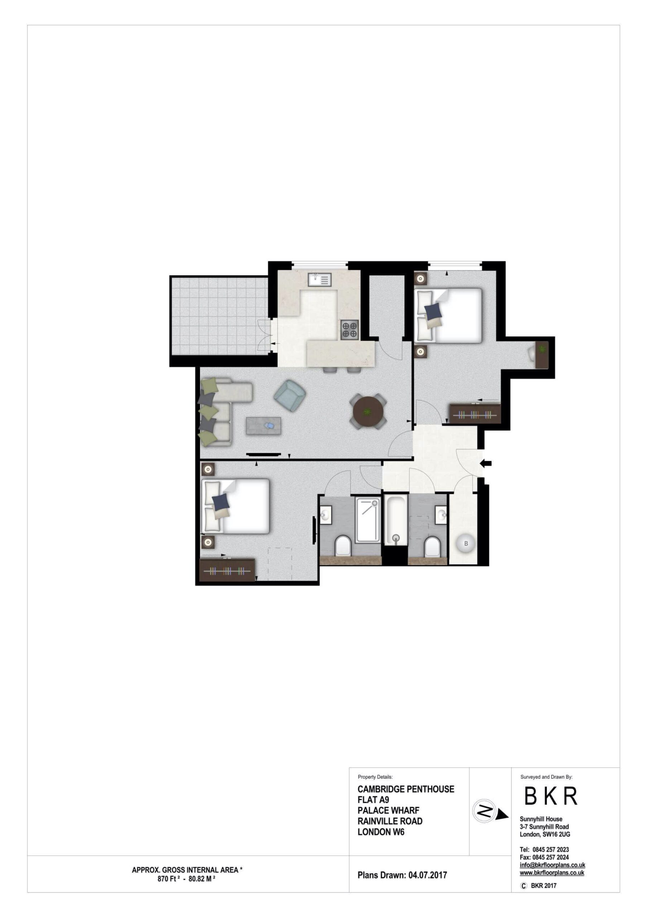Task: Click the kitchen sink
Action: pyautogui.click(x=320, y=279)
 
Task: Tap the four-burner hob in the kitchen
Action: pyautogui.click(x=350, y=330)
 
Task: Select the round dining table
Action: pyautogui.click(x=368, y=411)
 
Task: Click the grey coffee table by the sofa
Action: pyautogui.click(x=263, y=426)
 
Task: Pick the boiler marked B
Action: pyautogui.click(x=465, y=543)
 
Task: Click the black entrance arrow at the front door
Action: pyautogui.click(x=485, y=463)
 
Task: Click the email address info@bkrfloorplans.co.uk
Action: pyautogui.click(x=552, y=865)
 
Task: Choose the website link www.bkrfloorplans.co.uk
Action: pyautogui.click(x=552, y=873)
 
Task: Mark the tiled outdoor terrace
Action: pyautogui.click(x=219, y=316)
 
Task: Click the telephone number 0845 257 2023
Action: pyautogui.click(x=551, y=850)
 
